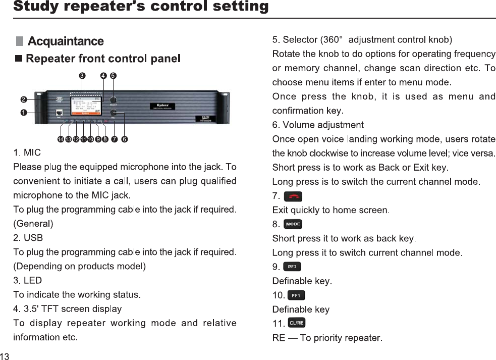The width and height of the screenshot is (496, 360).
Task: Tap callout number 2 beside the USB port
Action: tap(23, 99)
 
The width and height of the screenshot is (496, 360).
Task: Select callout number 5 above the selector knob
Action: tap(114, 76)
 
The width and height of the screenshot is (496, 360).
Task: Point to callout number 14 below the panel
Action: tap(60, 139)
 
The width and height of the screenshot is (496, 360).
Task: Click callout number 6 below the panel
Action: tap(125, 139)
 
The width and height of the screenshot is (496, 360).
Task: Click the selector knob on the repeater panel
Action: tap(114, 100)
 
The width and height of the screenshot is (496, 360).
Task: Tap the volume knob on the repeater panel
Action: tap(114, 113)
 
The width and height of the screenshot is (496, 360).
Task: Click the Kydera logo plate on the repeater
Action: tap(160, 107)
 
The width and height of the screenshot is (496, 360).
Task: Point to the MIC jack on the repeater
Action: tap(59, 113)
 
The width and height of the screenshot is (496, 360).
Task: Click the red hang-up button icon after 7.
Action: tap(293, 196)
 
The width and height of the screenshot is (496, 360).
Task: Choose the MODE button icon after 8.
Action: tap(293, 224)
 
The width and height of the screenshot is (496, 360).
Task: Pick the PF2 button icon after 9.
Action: tap(292, 267)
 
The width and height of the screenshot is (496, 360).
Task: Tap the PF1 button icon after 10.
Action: tap(296, 295)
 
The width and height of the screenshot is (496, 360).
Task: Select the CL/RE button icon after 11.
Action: tap(296, 323)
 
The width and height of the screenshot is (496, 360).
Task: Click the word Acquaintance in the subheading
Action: tap(66, 41)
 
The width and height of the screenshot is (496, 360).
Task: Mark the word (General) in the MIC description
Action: tap(33, 223)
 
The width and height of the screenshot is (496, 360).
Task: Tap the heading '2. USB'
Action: tap(28, 237)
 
